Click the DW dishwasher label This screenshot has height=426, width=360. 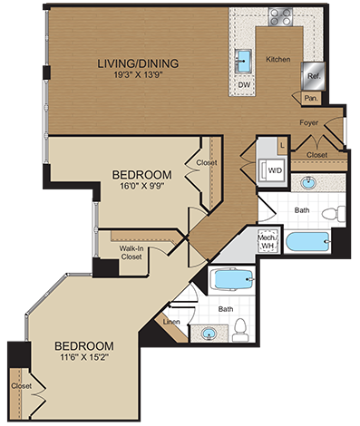244,84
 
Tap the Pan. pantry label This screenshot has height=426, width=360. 310,97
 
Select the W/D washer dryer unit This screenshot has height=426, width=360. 273,168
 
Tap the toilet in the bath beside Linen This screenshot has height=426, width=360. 240,334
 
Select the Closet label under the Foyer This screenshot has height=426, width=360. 316,155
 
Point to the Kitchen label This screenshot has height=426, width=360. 277,60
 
